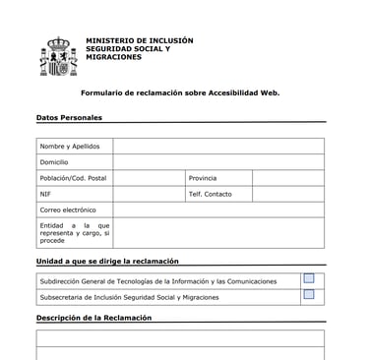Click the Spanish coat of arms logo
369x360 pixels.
tap(57, 57)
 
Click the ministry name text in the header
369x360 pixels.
tap(139, 49)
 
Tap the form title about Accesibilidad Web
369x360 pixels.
tap(180, 92)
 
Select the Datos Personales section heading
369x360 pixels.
tap(69, 118)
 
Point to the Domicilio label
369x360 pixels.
tap(54, 162)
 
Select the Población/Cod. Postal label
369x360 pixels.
tap(73, 178)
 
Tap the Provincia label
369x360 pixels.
tap(203, 178)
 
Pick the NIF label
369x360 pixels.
tap(45, 194)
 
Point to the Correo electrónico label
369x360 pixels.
tap(68, 210)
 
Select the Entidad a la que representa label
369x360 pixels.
tap(74, 232)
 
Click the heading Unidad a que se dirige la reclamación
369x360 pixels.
tap(107, 262)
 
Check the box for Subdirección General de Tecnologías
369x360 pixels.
tap(309, 279)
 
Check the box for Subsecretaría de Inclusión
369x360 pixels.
tap(309, 295)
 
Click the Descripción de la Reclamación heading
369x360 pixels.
tap(93, 319)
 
